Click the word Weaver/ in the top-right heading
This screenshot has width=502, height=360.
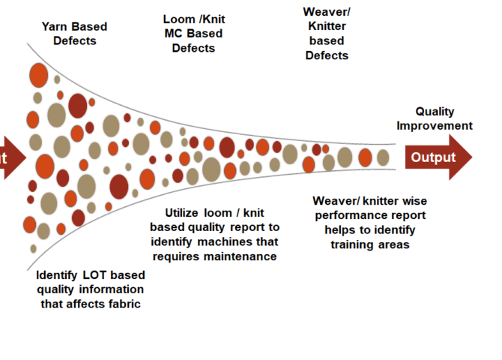tap(327, 13)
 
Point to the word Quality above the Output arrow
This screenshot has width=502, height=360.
tap(435, 111)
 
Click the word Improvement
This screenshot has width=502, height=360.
tap(435, 125)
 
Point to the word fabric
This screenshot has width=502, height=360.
tap(121, 304)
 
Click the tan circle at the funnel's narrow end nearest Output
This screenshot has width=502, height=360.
tap(383, 157)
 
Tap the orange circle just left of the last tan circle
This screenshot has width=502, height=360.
tap(365, 157)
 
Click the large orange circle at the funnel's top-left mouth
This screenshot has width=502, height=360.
tap(38, 75)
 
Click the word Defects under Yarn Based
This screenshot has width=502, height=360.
tap(75, 41)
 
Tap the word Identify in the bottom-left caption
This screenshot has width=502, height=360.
tap(59, 275)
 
